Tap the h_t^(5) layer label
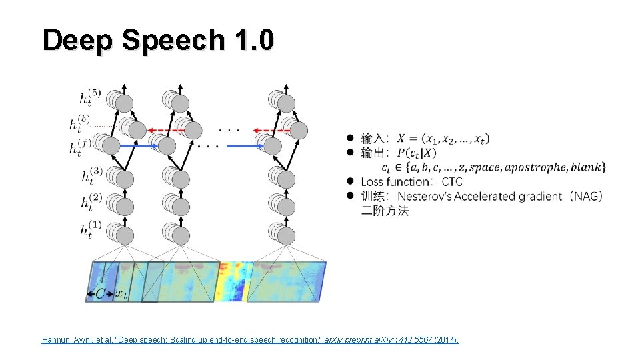pos(89,99)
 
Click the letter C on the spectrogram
pos(100,293)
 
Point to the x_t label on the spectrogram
pos(121,293)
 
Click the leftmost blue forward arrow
pos(139,145)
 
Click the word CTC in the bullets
pos(452,182)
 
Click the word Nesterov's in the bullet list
pos(426,196)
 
